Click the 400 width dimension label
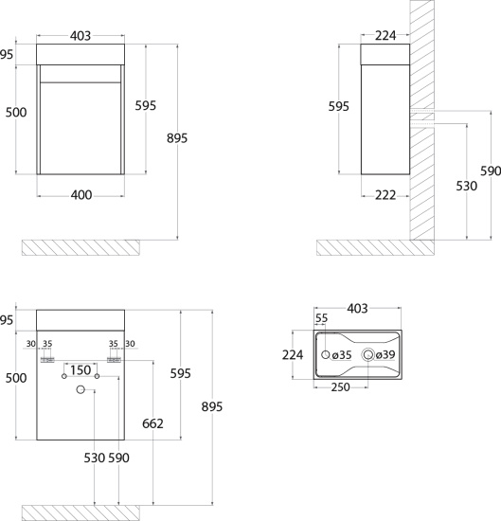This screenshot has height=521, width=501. tap(81, 195)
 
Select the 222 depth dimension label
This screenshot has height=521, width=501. tap(385, 195)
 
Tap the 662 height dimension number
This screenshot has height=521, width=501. tap(152, 423)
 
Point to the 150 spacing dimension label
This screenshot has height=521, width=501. tap(81, 369)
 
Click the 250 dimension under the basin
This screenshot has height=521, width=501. tap(340, 387)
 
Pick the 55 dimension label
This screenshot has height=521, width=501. tap(322, 318)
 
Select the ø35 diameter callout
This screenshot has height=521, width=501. tap(342, 355)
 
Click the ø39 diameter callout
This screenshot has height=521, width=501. tap(385, 355)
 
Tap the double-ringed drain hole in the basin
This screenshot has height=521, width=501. tap(367, 355)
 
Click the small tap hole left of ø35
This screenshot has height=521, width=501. tap(326, 354)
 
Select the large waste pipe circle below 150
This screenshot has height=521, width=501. tap(81, 389)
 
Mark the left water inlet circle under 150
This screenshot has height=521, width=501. tap(64, 376)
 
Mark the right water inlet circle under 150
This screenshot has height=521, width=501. tap(97, 376)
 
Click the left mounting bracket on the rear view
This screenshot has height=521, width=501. tap(47, 360)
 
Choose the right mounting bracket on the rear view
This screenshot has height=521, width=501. tap(114, 360)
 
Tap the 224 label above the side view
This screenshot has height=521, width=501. tap(385, 36)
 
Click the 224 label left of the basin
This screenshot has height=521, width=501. tap(293, 355)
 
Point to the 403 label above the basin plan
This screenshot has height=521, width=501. tap(357, 309)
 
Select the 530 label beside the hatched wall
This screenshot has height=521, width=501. tap(467, 186)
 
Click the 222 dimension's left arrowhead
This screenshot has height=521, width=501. tap(363, 196)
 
